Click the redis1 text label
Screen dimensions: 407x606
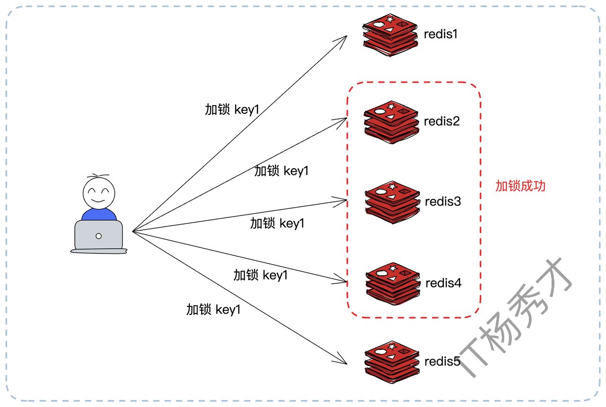tap(440, 34)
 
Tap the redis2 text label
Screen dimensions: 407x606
tap(442, 121)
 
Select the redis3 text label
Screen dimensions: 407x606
tap(443, 201)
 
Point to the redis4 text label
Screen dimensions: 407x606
tap(444, 283)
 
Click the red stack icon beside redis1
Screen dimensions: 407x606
tap(390, 35)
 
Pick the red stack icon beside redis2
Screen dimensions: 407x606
tap(392, 122)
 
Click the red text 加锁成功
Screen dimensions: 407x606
tap(520, 186)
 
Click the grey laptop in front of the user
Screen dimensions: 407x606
tap(98, 235)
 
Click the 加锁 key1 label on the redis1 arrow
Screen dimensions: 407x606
tap(232, 109)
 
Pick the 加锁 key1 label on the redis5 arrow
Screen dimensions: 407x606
tap(214, 310)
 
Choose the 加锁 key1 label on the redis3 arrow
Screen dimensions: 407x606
tap(277, 223)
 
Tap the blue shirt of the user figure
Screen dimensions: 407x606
tap(98, 215)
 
